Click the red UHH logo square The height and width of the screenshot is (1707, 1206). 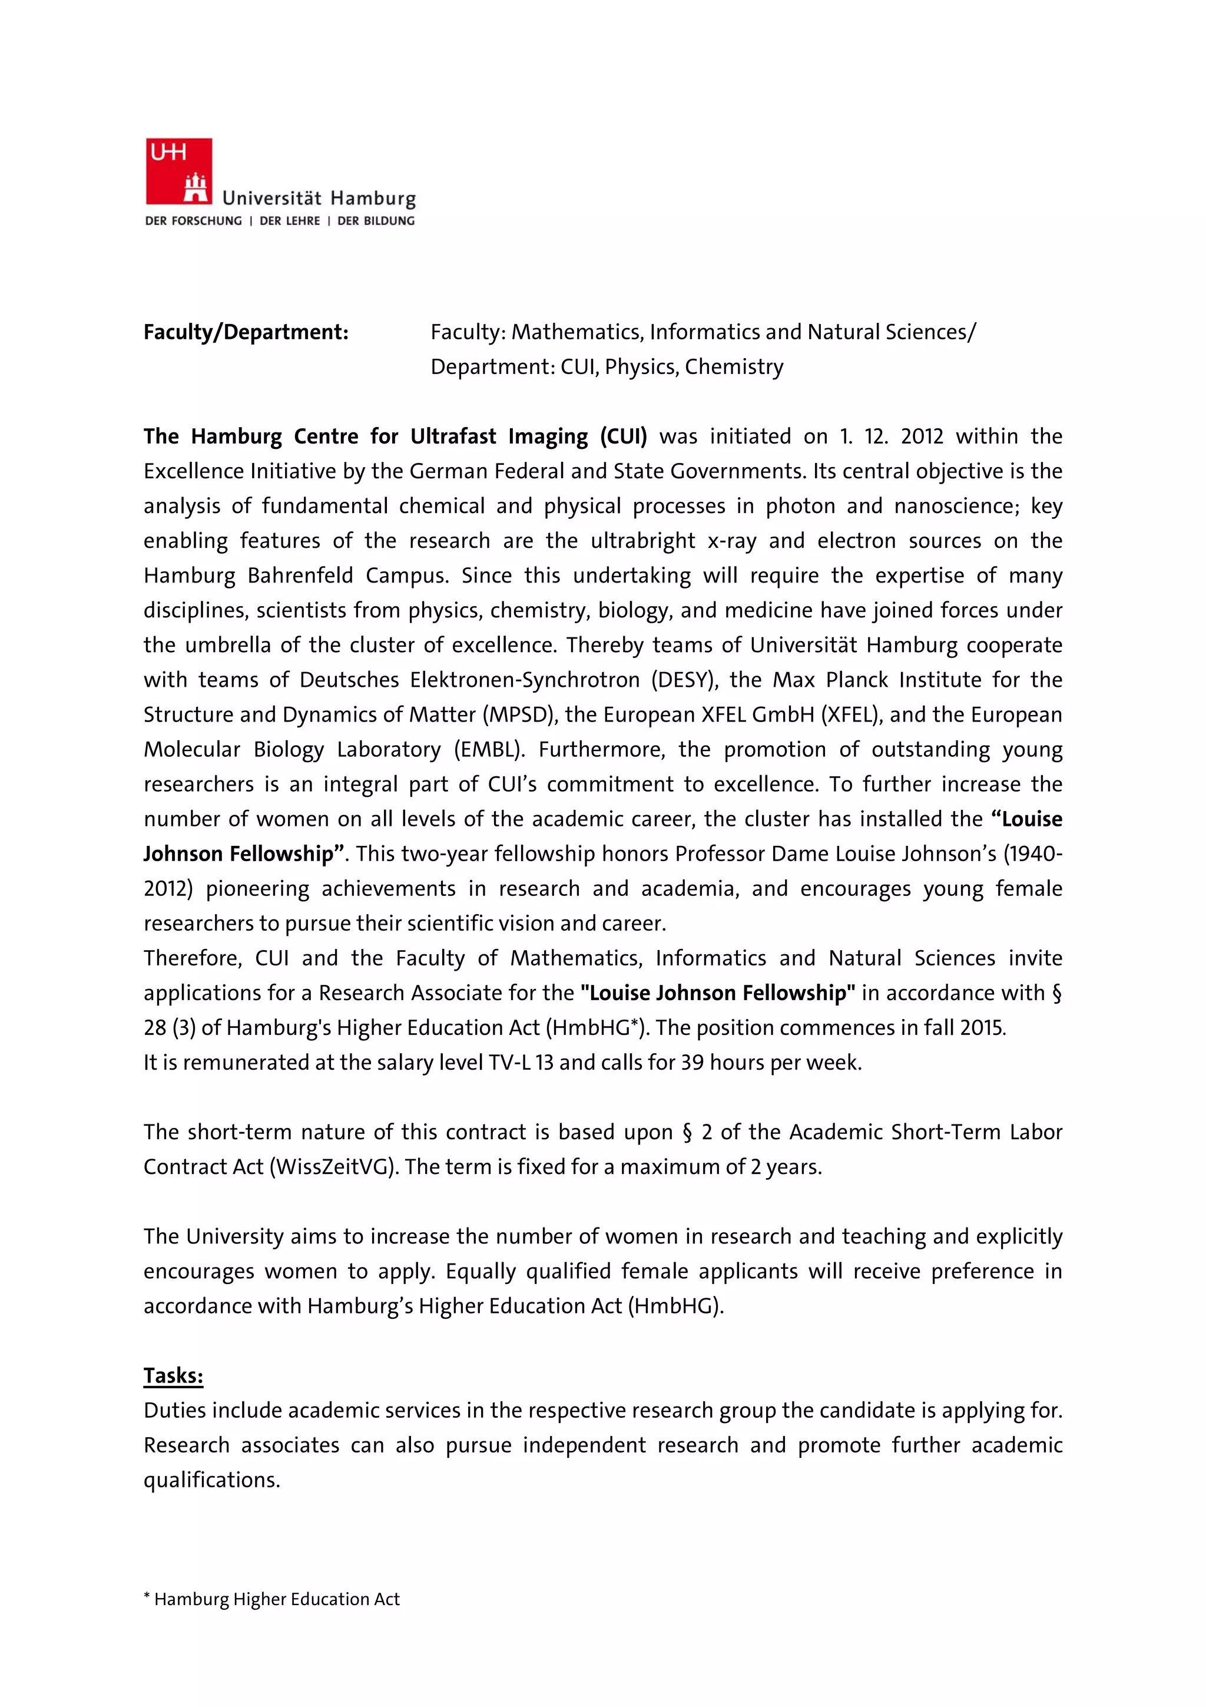click(178, 171)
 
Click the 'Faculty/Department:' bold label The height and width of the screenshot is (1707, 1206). click(246, 332)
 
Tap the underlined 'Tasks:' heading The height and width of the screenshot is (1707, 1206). click(173, 1375)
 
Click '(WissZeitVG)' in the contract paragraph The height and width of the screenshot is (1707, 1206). click(334, 1167)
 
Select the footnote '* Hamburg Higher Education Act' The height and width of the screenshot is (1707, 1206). click(272, 1599)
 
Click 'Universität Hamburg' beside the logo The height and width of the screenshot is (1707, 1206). click(319, 199)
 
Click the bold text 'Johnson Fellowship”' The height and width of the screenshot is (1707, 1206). click(245, 854)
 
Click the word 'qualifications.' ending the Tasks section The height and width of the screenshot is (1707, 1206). click(212, 1480)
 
